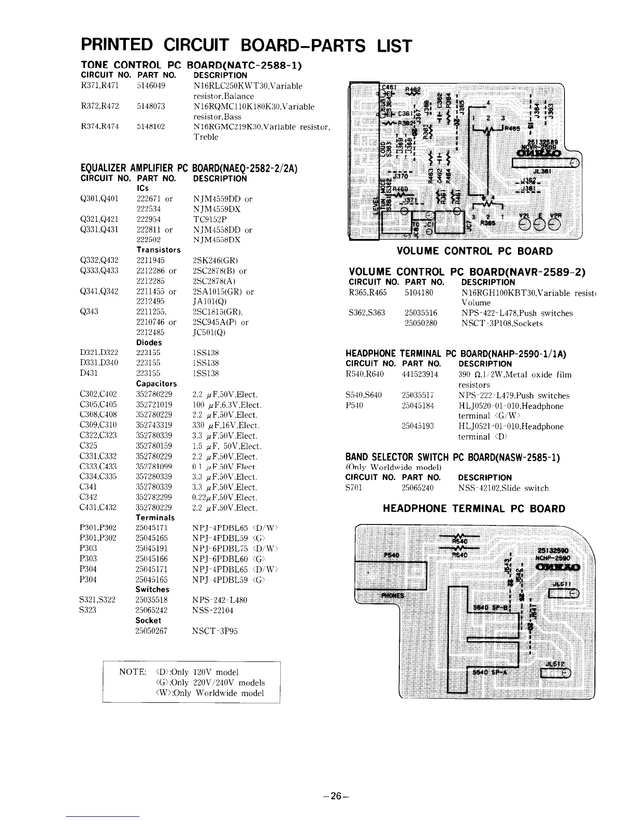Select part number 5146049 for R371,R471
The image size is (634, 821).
[x=151, y=86]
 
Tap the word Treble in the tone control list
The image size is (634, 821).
[x=206, y=137]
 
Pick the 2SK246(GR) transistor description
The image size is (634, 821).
[x=214, y=260]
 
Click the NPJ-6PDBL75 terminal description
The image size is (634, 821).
[x=235, y=548]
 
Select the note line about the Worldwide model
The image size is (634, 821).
[x=209, y=693]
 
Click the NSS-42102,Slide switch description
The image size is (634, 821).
[x=503, y=488]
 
